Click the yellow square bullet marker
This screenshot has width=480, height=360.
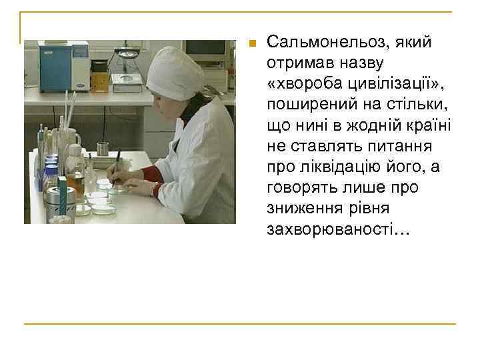(x=251, y=44)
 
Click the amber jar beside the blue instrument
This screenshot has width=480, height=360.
(x=99, y=77)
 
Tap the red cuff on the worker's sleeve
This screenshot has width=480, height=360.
(x=151, y=175)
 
